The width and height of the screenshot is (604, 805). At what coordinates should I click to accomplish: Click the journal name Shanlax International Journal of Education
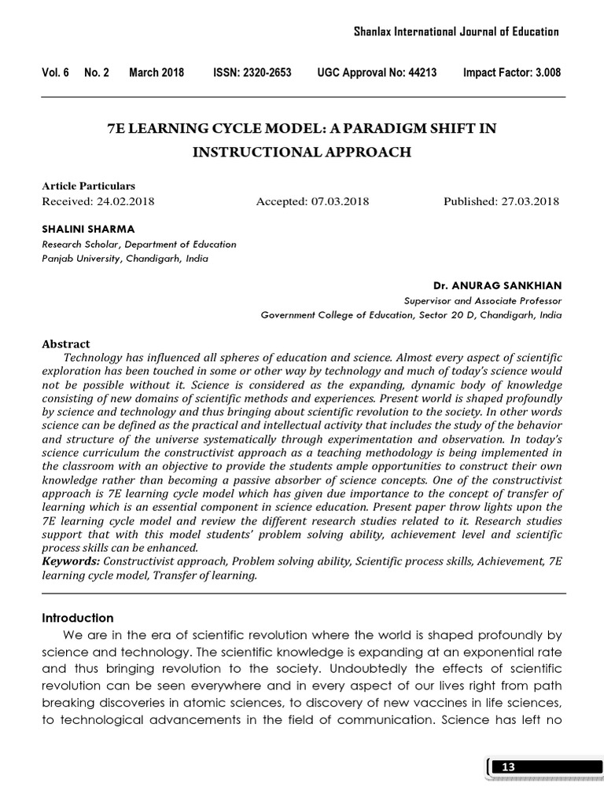point(455,31)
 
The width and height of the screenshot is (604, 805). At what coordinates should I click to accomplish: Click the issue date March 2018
point(157,73)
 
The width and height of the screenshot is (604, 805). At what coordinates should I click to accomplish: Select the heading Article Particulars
point(88,186)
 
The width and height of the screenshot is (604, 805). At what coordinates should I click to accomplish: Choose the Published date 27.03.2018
point(529,201)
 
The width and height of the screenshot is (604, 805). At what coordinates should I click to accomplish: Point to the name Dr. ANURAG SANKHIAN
point(498,285)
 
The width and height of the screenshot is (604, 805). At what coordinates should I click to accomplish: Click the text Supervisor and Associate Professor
point(483,300)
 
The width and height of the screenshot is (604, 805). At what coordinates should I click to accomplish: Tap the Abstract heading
point(65,344)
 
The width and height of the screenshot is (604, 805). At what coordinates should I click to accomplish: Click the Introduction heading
point(77,618)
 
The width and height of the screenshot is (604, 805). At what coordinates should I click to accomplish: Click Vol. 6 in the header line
point(55,73)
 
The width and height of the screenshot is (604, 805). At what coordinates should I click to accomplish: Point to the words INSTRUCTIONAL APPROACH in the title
point(302,153)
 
